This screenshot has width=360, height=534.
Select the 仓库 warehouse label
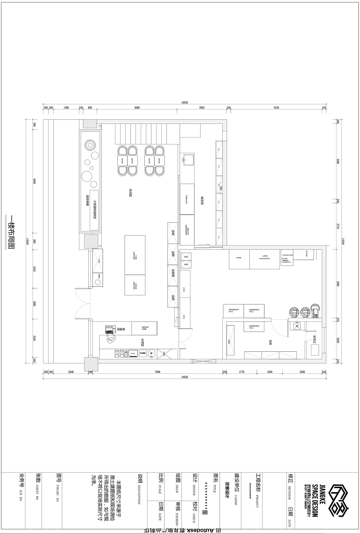point(271,342)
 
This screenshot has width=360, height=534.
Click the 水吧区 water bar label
point(143,342)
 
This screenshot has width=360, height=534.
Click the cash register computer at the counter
point(109,329)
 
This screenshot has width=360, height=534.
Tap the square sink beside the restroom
point(296,325)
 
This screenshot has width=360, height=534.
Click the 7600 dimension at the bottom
point(157,372)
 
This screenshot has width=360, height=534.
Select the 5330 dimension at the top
point(276,108)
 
